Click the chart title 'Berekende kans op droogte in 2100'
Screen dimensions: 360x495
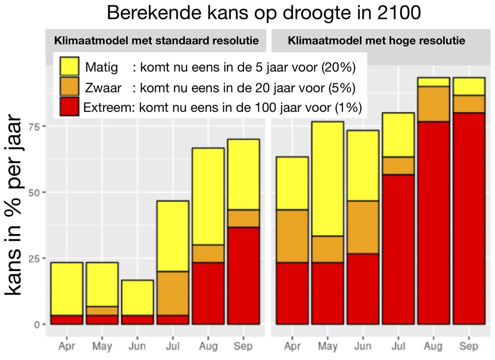click(x=264, y=13)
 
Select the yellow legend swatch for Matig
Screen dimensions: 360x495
click(x=70, y=67)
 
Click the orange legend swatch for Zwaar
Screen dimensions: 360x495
click(x=70, y=88)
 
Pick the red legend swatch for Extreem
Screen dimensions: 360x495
click(x=70, y=108)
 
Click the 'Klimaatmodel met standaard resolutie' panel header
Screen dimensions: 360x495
click(x=157, y=41)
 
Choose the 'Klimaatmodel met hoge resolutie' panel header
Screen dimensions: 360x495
click(x=376, y=41)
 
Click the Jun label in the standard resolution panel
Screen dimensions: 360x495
click(x=137, y=346)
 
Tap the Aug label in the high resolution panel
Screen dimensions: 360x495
click(x=433, y=346)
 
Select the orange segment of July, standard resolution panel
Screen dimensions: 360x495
click(x=173, y=293)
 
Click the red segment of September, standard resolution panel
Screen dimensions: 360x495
click(x=243, y=276)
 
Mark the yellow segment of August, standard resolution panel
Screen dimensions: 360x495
click(x=208, y=197)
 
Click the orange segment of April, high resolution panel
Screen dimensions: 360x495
click(x=292, y=236)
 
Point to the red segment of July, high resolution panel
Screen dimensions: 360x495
click(x=398, y=249)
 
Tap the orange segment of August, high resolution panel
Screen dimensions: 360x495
click(x=433, y=104)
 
